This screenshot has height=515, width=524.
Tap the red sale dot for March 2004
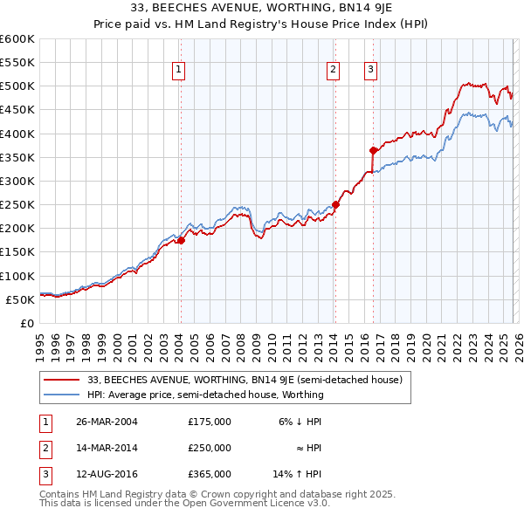click(x=181, y=241)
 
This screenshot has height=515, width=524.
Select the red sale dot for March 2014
click(x=335, y=205)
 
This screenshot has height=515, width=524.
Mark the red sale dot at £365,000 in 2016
click(x=373, y=150)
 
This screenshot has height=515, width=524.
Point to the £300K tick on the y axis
click(x=17, y=181)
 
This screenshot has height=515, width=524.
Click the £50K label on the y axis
click(x=20, y=299)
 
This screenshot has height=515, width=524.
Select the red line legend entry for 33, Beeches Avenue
click(x=245, y=380)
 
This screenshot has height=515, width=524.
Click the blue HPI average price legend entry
click(x=205, y=395)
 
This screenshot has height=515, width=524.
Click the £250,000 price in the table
click(x=210, y=448)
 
